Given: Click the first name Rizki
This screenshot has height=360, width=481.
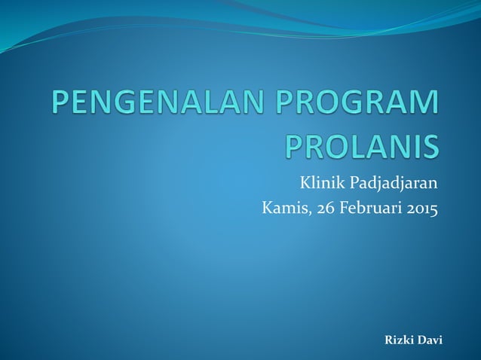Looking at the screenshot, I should pyautogui.click(x=400, y=340).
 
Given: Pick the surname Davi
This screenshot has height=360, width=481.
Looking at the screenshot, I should pyautogui.click(x=431, y=340).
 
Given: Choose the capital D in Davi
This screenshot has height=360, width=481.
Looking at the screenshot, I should pyautogui.click(x=422, y=340).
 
